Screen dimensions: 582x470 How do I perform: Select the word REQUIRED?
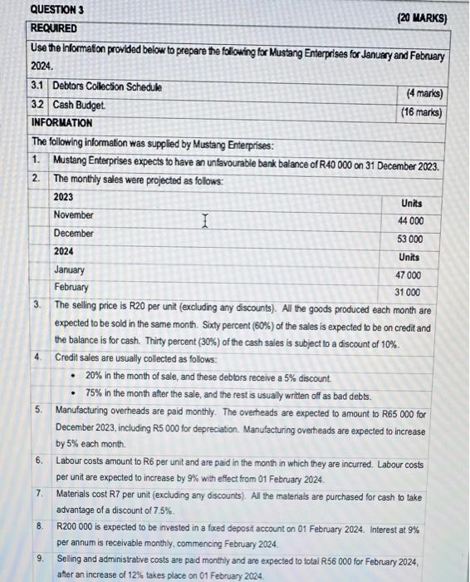tap(53, 27)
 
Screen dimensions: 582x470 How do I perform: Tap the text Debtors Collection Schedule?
tap(107, 86)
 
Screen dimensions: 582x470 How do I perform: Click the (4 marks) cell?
tap(421, 94)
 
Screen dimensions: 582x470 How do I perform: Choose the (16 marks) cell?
tap(421, 112)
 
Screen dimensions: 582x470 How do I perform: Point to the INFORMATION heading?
tap(61, 123)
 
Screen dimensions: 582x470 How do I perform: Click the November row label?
tap(73, 215)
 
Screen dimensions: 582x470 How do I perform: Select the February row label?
tap(71, 287)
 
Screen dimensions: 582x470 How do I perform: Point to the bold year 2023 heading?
tap(63, 197)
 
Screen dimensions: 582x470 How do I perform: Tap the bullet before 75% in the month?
tap(75, 394)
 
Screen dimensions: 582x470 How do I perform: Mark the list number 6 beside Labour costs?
tap(39, 460)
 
